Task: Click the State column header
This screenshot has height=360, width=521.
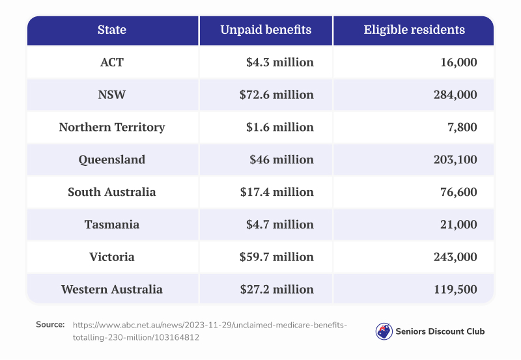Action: pos(112,30)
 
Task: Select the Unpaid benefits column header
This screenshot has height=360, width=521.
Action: pos(266,30)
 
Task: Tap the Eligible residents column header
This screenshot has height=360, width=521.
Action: pos(414,30)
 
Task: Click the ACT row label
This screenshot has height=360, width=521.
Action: pos(112,62)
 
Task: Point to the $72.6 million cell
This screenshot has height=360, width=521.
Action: pos(276,95)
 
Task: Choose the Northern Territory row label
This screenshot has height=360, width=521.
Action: pos(112,127)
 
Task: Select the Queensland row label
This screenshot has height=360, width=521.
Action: pos(112,159)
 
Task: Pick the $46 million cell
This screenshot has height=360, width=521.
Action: pos(281,159)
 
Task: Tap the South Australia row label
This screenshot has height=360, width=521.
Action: pos(112,192)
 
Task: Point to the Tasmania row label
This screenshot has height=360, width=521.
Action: pos(112,225)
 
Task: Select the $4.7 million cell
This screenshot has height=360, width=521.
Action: pos(280,225)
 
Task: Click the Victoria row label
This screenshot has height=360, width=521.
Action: pos(112,256)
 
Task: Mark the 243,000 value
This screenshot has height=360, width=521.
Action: pos(455,256)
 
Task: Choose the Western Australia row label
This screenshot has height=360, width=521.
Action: pos(112,289)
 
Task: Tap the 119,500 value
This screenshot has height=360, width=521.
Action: pos(455,289)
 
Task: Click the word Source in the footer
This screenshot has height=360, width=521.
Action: pos(50,324)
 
